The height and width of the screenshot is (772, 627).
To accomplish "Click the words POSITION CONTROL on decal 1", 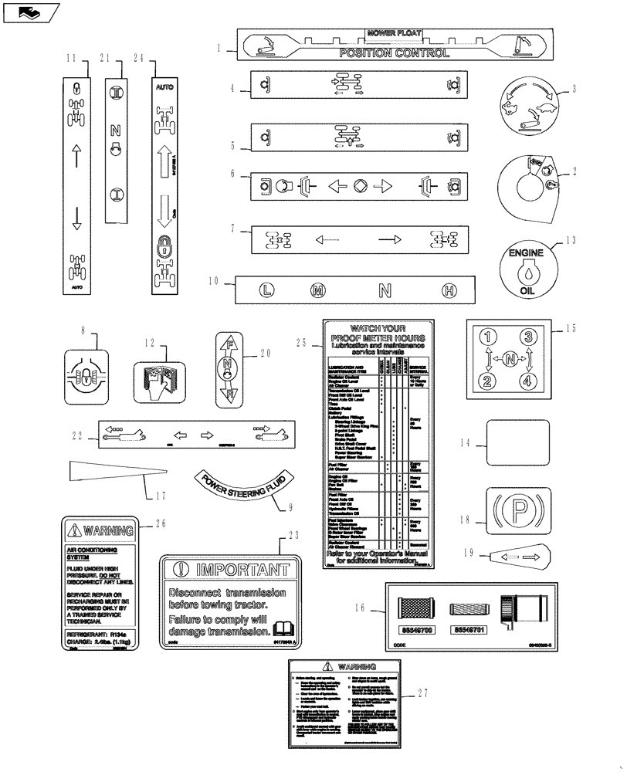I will (394, 53).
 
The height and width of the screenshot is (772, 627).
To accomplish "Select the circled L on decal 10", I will (266, 291).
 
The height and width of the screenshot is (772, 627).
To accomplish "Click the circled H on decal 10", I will (449, 291).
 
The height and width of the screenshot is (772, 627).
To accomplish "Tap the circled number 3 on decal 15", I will (528, 337).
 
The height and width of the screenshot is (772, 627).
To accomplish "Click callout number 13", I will (571, 240).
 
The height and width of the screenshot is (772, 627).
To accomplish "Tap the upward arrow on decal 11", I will (76, 154).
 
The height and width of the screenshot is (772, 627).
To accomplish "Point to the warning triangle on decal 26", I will (74, 530).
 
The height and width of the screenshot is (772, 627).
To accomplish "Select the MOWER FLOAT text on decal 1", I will (394, 34).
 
